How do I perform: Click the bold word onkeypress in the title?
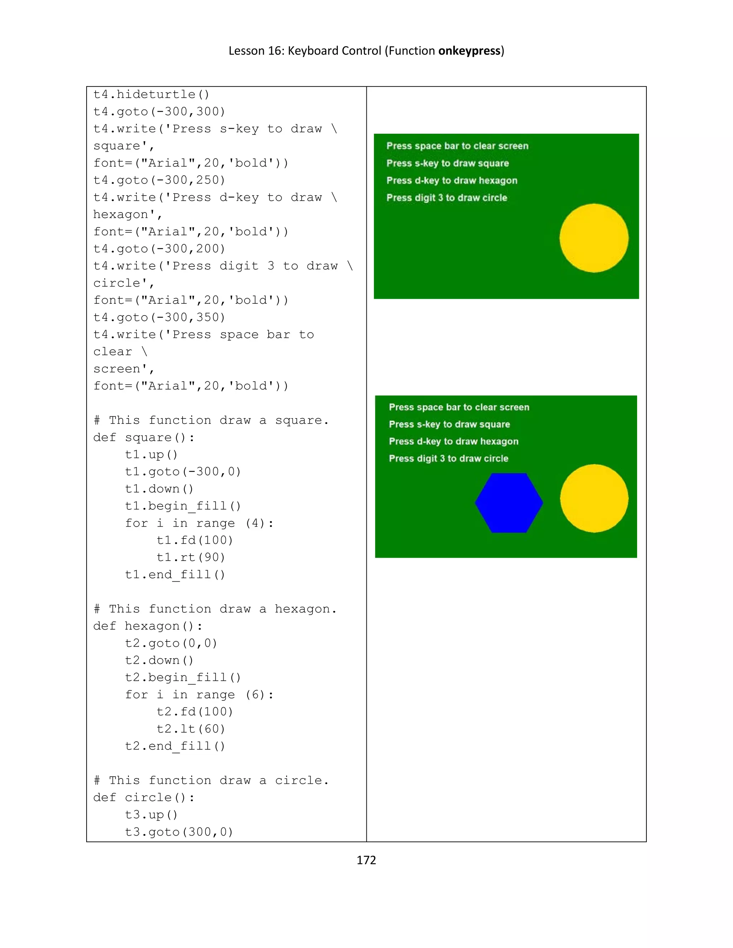tap(470, 51)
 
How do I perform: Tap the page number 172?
tap(366, 860)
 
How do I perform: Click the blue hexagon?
tap(509, 503)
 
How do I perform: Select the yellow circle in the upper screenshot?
tap(594, 238)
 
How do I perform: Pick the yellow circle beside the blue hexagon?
tap(594, 498)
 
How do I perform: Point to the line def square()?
tap(144, 438)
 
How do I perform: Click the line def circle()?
tap(144, 797)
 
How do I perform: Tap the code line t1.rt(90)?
tap(191, 557)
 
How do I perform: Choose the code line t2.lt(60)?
tap(191, 729)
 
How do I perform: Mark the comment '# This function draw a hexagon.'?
tap(215, 609)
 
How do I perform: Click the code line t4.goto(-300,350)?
tap(159, 317)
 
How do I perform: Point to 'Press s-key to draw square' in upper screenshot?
tap(447, 163)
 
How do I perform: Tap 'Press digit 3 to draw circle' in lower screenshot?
tap(448, 458)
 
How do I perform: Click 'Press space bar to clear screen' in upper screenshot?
tap(457, 146)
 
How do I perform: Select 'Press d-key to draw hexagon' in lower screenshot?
tap(453, 441)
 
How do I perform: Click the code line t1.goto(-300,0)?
tap(183, 472)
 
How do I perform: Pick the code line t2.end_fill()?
tap(175, 746)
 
